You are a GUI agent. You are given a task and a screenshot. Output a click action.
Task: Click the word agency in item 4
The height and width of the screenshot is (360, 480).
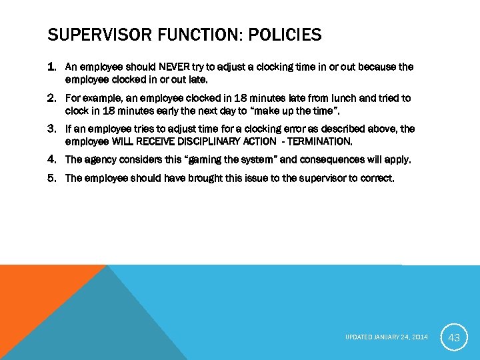[x=101, y=160]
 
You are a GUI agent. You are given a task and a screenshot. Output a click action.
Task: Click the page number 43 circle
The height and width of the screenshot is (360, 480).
[x=454, y=338]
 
